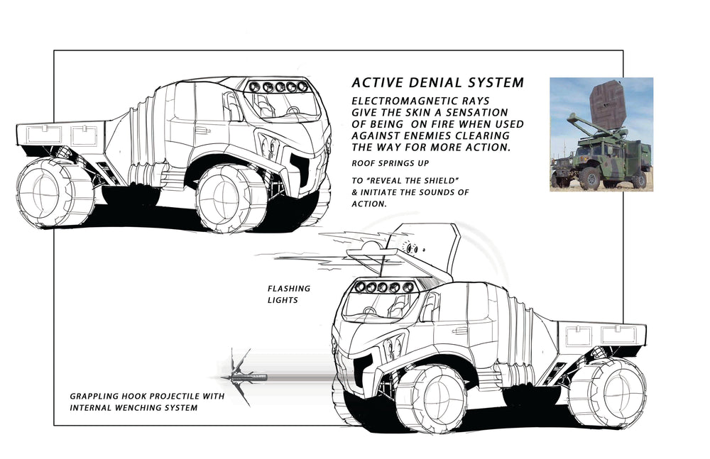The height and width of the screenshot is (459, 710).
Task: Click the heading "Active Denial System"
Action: pos(438,82)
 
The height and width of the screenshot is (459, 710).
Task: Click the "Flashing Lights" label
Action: pos(289,294)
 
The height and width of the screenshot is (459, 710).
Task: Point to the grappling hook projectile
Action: pos(244,377)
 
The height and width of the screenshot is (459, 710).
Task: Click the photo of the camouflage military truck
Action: pos(601,135)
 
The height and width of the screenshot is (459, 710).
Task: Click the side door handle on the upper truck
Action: pos(202,131)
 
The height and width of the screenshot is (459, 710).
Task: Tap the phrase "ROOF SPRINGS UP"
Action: pos(390,163)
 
